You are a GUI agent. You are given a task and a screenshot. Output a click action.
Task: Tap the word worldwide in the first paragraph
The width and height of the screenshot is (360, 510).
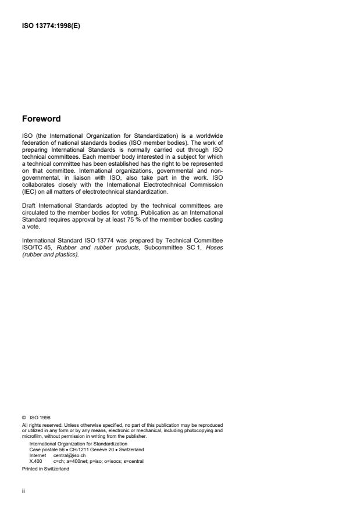(x=208, y=136)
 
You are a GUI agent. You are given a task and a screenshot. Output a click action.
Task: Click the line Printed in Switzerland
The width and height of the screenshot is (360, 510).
(x=45, y=469)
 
